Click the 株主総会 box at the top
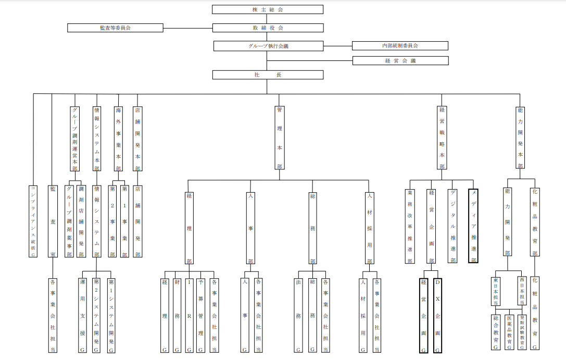[268, 9]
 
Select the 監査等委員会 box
[115, 28]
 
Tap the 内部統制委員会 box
[400, 46]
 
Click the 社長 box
[268, 75]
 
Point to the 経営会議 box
[400, 60]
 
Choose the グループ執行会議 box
[268, 46]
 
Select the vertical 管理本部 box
[280, 138]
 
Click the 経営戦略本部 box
[442, 138]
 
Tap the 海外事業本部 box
[119, 139]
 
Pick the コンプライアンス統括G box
[33, 221]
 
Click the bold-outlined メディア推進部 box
[473, 226]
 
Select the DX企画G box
[437, 315]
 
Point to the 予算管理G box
[200, 315]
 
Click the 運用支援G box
[82, 315]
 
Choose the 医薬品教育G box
[509, 332]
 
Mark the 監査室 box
[52, 221]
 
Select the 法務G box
[299, 315]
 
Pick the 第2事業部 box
[112, 221]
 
